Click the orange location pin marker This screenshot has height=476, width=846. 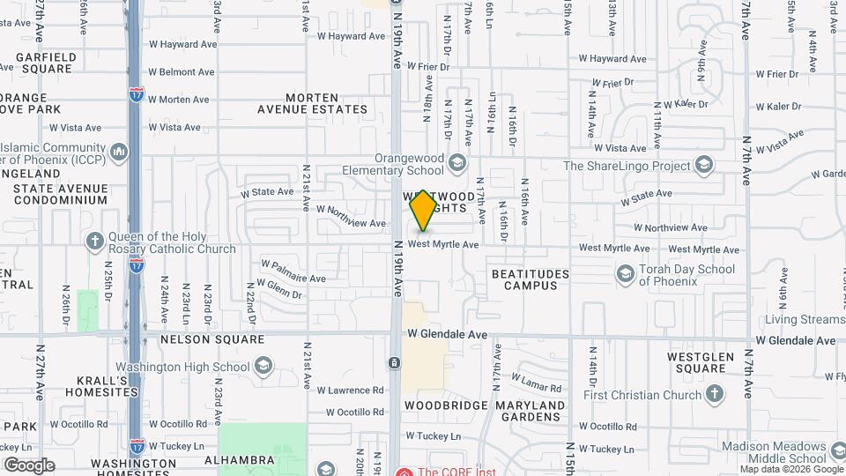click(424, 210)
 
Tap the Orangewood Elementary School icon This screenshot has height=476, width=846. click(456, 162)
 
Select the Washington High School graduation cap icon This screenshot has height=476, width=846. click(263, 366)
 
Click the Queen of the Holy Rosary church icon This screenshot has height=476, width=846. click(95, 241)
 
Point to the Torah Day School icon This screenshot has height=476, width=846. click(625, 274)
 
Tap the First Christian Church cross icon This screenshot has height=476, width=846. click(715, 394)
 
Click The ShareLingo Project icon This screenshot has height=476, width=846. click(703, 165)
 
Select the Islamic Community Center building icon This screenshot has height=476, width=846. click(120, 152)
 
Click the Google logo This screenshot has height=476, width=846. click(29, 465)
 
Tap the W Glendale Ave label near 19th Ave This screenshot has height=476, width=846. click(447, 335)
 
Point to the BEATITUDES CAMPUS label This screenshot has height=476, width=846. click(530, 279)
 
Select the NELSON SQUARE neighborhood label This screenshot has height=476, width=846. click(211, 338)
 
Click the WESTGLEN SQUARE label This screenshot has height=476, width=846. click(695, 362)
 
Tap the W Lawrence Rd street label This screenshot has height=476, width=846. click(350, 390)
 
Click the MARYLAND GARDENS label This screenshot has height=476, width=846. click(530, 411)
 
